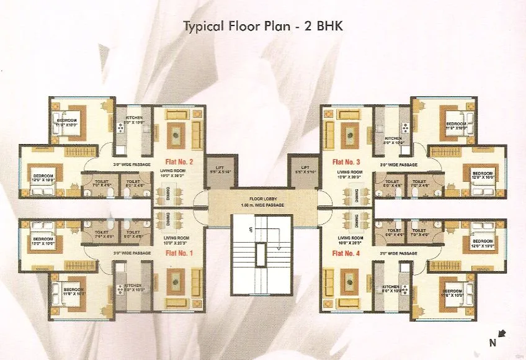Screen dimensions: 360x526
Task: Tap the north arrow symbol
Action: click(x=501, y=335)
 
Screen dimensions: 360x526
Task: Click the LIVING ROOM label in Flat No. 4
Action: click(x=349, y=238)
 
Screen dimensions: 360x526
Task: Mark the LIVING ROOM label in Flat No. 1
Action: click(x=177, y=238)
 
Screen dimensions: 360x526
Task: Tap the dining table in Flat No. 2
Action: click(x=177, y=197)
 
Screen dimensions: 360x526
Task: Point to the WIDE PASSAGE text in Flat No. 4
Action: click(x=399, y=254)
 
